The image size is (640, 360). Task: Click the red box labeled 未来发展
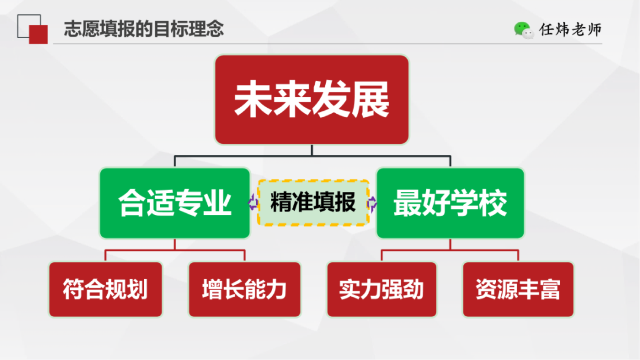point(312,100)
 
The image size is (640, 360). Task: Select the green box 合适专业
point(174,203)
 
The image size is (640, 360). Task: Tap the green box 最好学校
point(450,203)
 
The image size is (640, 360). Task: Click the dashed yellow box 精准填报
point(313,203)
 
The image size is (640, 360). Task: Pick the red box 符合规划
point(105,289)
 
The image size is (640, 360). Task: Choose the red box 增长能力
point(245,289)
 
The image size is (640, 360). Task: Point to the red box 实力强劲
point(382,289)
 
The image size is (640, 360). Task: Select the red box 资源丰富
point(518,289)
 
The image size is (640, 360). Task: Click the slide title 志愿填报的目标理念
point(144,29)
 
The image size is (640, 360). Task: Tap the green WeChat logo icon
point(524,30)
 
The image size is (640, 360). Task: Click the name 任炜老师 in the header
point(570,30)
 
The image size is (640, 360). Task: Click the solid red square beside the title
point(38,34)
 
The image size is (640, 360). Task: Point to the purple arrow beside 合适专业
point(253,202)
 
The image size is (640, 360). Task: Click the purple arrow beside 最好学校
point(372,203)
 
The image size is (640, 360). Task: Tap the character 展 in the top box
point(370,99)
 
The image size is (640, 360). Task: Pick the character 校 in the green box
point(493,203)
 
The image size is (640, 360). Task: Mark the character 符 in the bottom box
point(74,289)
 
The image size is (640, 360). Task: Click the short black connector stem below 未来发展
point(312,150)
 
